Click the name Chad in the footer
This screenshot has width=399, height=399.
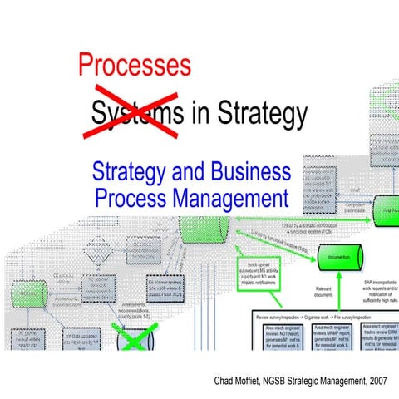(228, 381)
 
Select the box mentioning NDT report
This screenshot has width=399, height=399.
(274, 337)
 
